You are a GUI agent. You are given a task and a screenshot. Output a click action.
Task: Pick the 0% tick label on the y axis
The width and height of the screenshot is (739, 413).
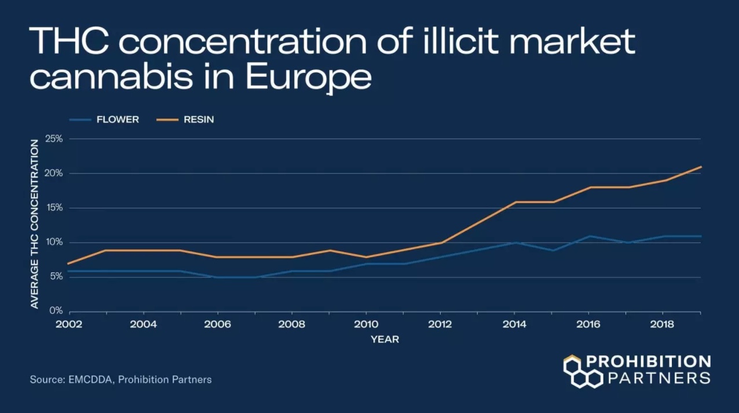click(55, 311)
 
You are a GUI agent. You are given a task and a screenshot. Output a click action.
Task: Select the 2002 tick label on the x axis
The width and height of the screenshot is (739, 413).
click(69, 324)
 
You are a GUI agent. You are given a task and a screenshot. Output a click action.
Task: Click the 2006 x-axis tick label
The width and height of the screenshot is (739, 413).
click(218, 324)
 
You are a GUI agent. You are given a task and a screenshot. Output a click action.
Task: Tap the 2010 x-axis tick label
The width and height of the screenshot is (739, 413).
click(366, 324)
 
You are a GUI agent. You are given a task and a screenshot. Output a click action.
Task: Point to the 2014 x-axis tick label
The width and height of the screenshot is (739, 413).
click(514, 324)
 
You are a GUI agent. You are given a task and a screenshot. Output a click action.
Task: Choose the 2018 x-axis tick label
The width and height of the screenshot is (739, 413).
click(663, 324)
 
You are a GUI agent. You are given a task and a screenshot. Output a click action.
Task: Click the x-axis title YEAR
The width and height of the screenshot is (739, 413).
click(385, 340)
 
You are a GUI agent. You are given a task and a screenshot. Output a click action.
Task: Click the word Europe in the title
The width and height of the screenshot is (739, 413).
click(309, 78)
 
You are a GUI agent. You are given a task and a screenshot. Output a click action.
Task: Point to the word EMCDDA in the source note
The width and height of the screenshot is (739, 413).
click(90, 380)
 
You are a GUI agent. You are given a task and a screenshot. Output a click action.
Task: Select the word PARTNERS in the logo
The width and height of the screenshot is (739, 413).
click(658, 378)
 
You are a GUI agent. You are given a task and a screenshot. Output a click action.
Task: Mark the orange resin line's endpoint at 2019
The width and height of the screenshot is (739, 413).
click(701, 167)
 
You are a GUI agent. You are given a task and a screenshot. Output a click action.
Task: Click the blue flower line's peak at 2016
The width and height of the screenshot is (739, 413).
click(590, 236)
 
